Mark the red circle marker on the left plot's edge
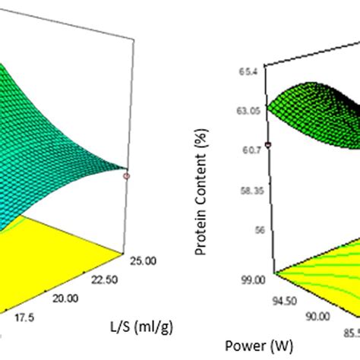click(x=126, y=176)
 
